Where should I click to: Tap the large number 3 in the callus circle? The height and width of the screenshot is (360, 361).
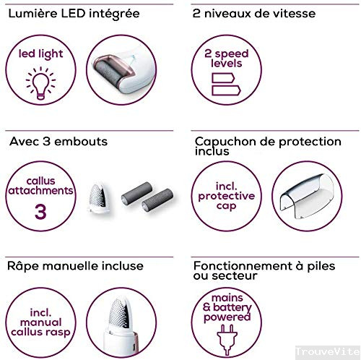(36, 210)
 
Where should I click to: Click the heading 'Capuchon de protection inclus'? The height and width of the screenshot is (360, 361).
(266, 147)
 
